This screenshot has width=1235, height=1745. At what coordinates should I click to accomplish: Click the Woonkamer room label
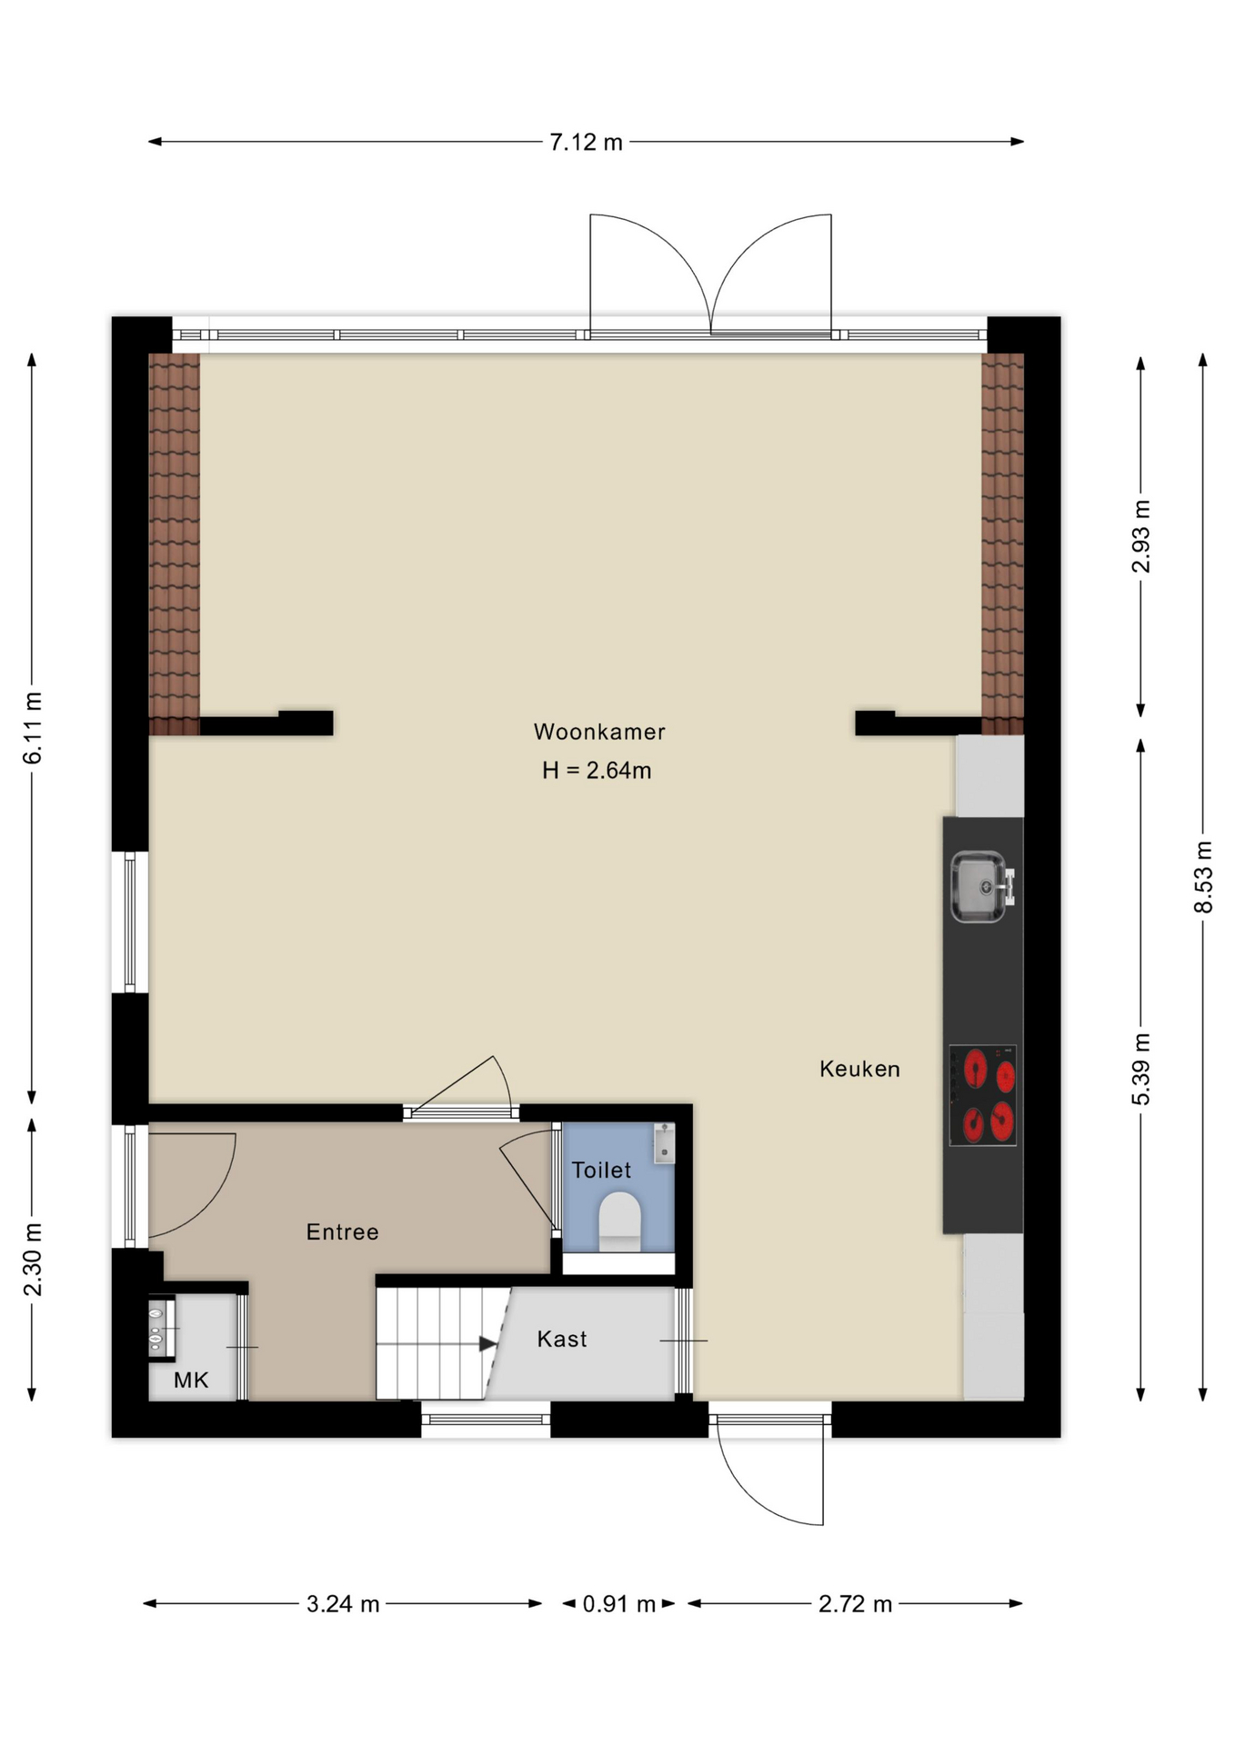[599, 732]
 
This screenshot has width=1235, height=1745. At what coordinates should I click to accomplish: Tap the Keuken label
[859, 1069]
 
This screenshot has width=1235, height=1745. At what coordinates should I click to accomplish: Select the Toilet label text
[601, 1170]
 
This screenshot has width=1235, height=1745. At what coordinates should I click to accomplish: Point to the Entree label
[342, 1231]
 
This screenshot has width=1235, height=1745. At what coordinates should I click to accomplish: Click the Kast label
[562, 1339]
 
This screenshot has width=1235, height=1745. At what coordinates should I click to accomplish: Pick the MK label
[191, 1381]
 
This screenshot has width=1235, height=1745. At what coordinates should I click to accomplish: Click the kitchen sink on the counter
[982, 886]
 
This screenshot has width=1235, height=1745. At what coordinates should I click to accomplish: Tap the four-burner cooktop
[983, 1095]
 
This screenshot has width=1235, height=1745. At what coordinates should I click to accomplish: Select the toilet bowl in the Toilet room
[620, 1221]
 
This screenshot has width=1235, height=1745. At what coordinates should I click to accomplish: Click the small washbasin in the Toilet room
[664, 1143]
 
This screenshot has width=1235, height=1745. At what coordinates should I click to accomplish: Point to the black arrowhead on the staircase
[488, 1343]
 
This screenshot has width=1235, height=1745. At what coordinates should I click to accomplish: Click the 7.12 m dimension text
[587, 142]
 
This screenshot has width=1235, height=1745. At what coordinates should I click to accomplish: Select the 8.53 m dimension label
[1203, 877]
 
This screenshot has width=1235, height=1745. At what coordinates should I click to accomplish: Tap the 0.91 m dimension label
[619, 1604]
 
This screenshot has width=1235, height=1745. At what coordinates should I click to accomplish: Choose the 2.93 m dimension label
[1140, 536]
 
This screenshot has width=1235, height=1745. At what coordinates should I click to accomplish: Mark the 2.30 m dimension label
[32, 1260]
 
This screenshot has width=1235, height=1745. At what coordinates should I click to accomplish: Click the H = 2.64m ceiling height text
[597, 771]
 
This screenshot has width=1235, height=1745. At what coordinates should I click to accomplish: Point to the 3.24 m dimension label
[343, 1604]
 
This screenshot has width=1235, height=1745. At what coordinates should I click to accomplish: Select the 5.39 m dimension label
[1140, 1069]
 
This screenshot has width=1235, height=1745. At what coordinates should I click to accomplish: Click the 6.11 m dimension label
[32, 727]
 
